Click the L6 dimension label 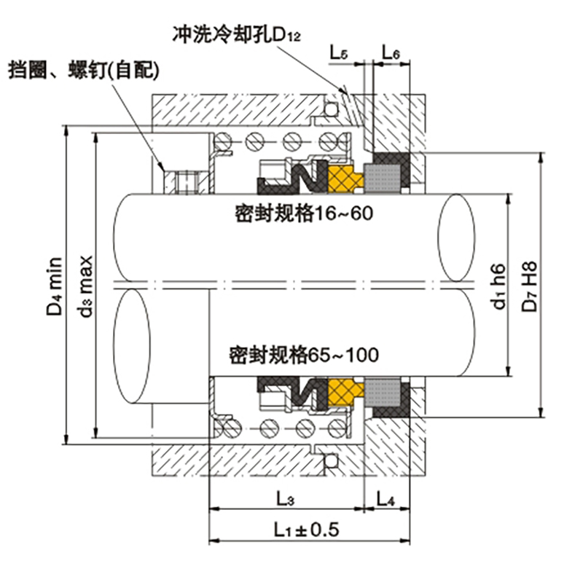pyautogui.click(x=390, y=53)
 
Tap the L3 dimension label pyautogui.click(x=285, y=501)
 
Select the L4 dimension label pyautogui.click(x=387, y=501)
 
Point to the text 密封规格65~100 pyautogui.click(x=303, y=356)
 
